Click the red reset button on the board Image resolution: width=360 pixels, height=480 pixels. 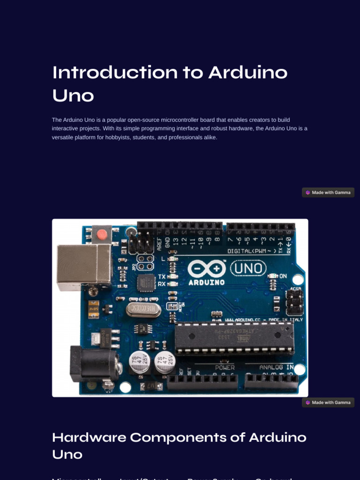tap(101, 233)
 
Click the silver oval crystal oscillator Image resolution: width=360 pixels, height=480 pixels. tap(143, 309)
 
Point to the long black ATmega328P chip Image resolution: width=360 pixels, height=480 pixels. tap(234, 337)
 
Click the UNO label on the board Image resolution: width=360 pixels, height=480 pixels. tap(249, 269)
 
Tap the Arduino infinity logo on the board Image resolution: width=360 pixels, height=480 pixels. tap(206, 269)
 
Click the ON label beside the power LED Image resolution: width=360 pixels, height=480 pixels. tap(283, 276)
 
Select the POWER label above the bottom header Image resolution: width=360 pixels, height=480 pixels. tap(225, 367)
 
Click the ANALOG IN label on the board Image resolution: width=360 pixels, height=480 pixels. tap(276, 367)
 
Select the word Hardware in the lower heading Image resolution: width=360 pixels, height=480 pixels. tap(89, 437)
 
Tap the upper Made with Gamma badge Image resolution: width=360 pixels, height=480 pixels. tap(328, 193)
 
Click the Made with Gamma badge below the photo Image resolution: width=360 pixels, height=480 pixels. tap(328, 403)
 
